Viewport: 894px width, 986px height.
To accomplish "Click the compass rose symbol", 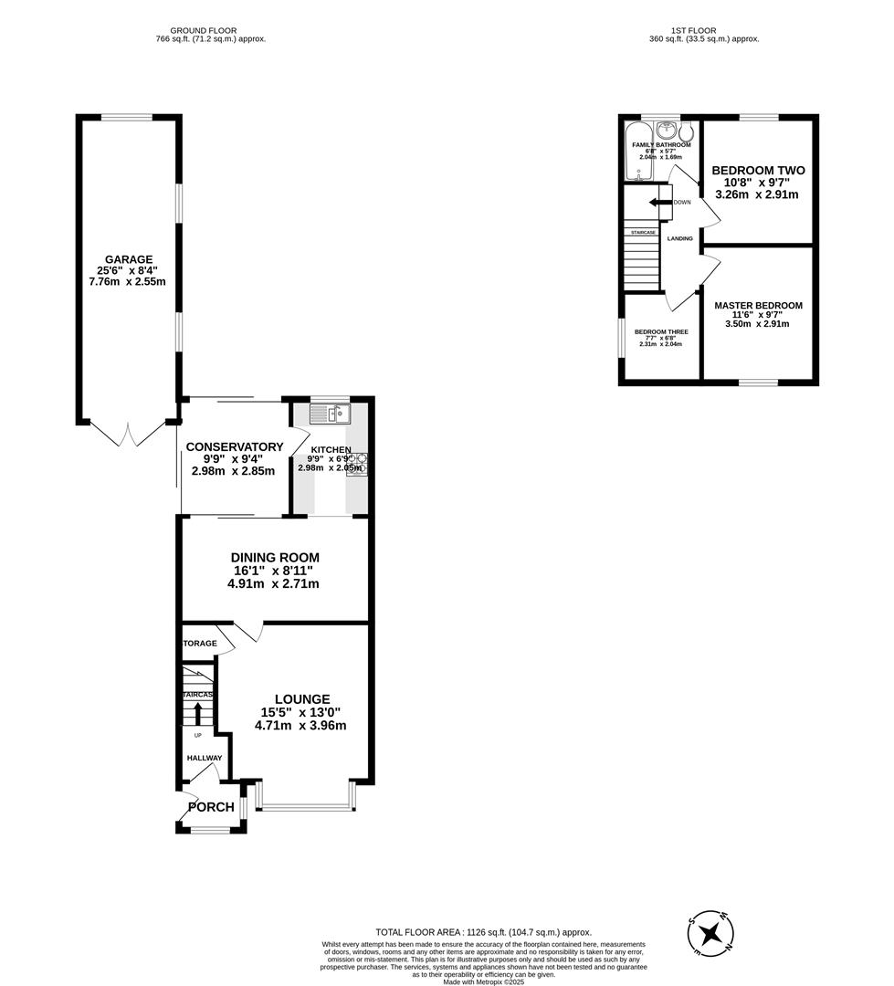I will pyautogui.click(x=712, y=933).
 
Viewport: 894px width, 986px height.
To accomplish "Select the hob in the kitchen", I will pyautogui.click(x=356, y=464).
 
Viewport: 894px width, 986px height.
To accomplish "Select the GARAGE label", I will pyautogui.click(x=128, y=259).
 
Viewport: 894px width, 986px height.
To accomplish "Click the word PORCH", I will pyautogui.click(x=211, y=807).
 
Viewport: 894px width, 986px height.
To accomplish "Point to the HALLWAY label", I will pyautogui.click(x=205, y=758).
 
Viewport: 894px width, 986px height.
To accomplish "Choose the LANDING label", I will pyautogui.click(x=680, y=238).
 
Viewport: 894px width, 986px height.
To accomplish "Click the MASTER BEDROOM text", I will pyautogui.click(x=758, y=306).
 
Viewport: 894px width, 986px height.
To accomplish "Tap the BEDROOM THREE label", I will pyautogui.click(x=661, y=332).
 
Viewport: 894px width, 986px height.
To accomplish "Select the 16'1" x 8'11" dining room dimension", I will pyautogui.click(x=273, y=571).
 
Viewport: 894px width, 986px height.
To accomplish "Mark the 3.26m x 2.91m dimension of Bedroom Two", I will pyautogui.click(x=755, y=194).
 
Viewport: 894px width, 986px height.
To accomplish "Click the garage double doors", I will pyautogui.click(x=128, y=434).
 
